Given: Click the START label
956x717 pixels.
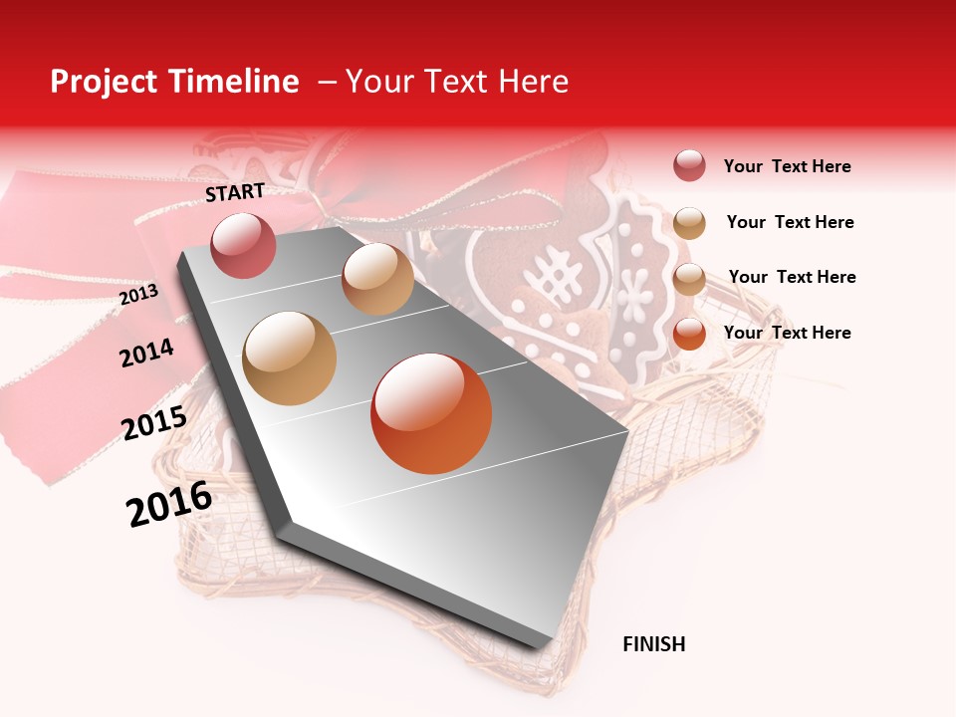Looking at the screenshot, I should [x=235, y=192].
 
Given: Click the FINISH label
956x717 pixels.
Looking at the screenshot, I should [x=653, y=644].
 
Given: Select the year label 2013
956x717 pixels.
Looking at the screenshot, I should [x=138, y=295].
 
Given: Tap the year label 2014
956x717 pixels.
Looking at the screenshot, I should [x=146, y=353].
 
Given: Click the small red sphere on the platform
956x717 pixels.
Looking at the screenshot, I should [x=243, y=245].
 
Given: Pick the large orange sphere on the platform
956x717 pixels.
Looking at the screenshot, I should [x=431, y=412].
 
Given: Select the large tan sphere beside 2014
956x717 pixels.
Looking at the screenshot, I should [x=290, y=358].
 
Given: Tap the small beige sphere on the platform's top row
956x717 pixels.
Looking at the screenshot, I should [x=377, y=279].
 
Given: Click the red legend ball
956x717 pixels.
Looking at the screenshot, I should [x=689, y=166].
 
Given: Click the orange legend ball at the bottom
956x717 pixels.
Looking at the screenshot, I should [x=689, y=333].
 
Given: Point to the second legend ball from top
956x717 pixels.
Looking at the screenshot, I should [x=689, y=222].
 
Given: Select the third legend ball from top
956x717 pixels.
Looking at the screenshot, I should [x=689, y=277].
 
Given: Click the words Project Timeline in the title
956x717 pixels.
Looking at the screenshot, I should [x=174, y=82].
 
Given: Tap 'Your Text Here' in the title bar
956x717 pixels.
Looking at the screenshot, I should [x=457, y=82].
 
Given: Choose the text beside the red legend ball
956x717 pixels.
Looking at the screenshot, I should [x=787, y=166].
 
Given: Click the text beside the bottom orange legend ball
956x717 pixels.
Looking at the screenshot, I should [x=787, y=333].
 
